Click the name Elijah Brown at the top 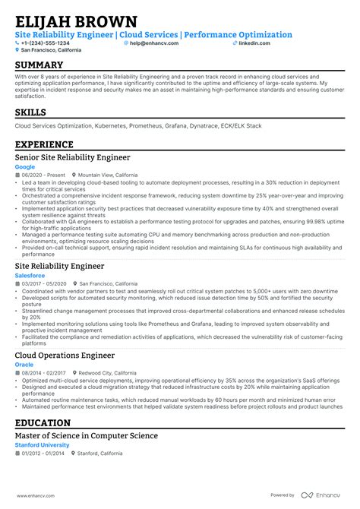tap(76, 21)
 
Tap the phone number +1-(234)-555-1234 tap(45, 43)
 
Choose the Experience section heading tap(44, 144)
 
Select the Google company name tap(25, 166)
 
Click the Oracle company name tap(24, 365)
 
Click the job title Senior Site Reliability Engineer tap(72, 157)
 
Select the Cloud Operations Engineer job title tap(65, 355)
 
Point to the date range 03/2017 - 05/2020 tap(44, 282)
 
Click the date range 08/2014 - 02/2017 tap(44, 373)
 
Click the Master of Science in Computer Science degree tap(86, 435)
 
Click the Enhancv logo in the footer tap(326, 495)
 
